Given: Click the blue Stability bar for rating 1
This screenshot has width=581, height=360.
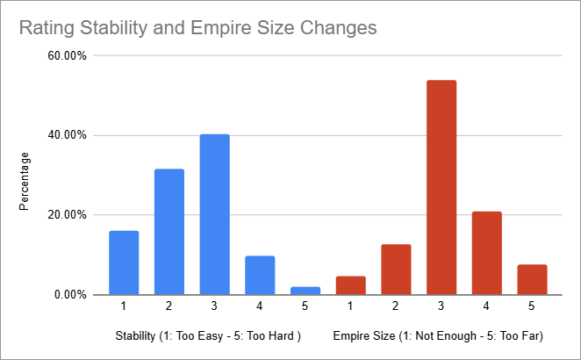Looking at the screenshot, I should point(124,263).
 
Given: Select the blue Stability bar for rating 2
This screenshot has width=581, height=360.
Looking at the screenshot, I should point(169,232).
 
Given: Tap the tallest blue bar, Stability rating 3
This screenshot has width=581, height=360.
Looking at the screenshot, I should point(214,214).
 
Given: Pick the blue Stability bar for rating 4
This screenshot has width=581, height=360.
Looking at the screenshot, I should point(260,275).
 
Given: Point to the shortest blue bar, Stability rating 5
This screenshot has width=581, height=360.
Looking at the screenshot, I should point(305,291).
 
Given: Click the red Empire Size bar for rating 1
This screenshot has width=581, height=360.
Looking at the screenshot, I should point(350,285).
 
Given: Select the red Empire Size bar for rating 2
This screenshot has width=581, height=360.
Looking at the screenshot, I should point(396,270).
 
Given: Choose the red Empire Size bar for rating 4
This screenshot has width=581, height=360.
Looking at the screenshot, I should point(486,253).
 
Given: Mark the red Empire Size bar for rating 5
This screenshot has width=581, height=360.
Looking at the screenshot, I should point(532,279).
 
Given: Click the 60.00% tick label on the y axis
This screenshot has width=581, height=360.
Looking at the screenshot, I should point(66,56).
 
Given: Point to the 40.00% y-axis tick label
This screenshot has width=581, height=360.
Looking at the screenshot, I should point(66,135).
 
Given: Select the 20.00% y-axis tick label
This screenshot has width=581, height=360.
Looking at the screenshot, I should point(66,215).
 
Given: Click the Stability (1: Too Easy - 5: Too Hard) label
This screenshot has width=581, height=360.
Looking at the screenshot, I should point(209,336).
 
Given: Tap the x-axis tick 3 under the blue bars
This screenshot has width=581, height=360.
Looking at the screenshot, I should point(214,306).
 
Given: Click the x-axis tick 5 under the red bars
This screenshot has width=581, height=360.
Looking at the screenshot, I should point(532,306).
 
